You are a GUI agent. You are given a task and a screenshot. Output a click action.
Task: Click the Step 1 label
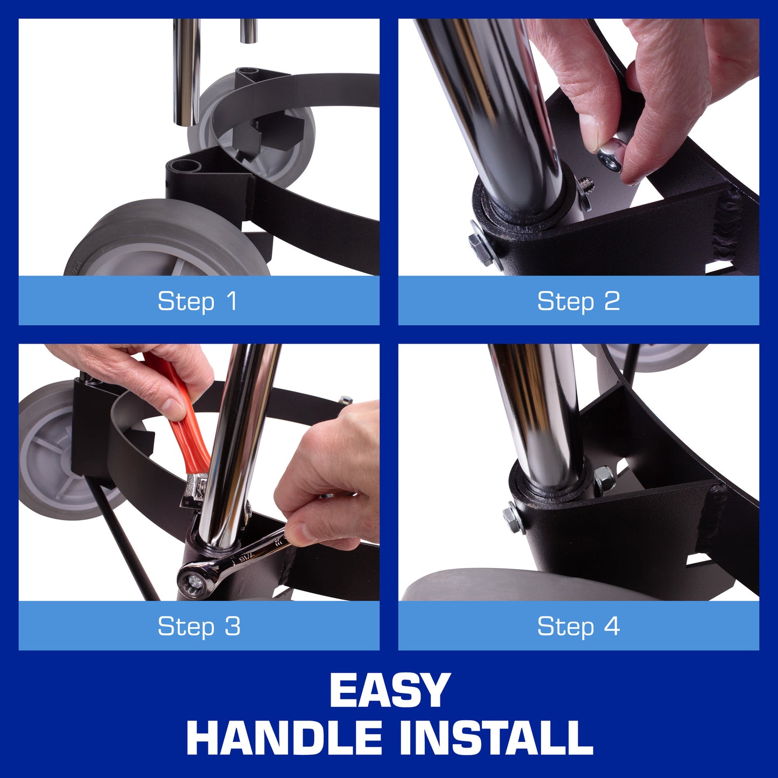click(x=198, y=301)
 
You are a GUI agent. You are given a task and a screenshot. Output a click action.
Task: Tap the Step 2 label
click(x=578, y=301)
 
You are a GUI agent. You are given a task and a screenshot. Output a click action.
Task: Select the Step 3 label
click(x=199, y=626)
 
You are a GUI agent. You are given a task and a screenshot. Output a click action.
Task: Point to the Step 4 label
click(x=578, y=626)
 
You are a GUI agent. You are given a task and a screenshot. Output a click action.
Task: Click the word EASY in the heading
click(x=389, y=690)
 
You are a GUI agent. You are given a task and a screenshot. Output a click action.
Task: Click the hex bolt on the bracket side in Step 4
click(x=513, y=517)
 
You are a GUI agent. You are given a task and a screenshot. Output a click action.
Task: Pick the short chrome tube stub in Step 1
click(x=249, y=30)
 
